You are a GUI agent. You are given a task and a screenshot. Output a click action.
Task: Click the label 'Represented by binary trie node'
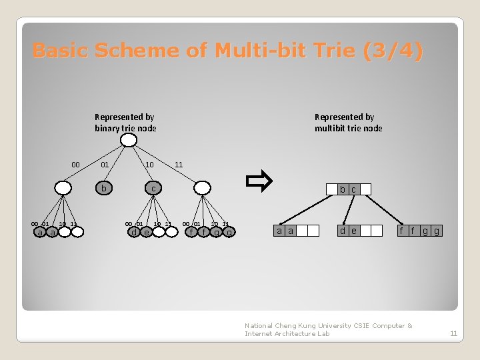(125, 123)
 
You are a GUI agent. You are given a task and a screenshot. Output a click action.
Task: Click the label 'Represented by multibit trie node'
(348, 123)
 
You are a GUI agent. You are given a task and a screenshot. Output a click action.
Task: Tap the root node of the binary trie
(129, 140)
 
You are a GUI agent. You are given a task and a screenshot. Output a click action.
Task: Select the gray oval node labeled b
(103, 189)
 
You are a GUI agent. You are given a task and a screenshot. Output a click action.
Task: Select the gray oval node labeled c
(153, 189)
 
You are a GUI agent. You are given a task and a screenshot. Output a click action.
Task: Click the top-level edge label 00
(75, 165)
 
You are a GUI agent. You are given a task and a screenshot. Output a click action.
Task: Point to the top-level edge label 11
(178, 165)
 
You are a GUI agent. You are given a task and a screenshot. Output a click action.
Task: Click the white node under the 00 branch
(63, 189)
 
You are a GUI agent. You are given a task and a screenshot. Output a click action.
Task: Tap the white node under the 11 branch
(203, 189)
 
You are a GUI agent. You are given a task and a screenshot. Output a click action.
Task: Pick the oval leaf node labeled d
(134, 232)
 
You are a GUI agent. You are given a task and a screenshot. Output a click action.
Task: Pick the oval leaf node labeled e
(147, 232)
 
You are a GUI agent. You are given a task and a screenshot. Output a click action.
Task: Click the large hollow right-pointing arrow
(258, 181)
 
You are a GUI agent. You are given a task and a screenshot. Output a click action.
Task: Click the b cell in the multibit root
(343, 189)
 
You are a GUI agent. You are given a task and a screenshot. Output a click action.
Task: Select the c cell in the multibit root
(353, 189)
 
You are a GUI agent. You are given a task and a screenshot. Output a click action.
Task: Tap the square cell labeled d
(343, 231)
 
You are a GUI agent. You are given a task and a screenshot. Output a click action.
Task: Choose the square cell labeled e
(353, 231)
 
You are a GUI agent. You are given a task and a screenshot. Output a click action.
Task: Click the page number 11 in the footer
(453, 333)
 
